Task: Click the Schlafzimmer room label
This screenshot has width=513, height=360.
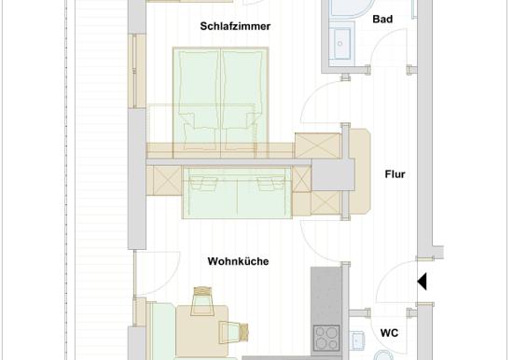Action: [235, 26]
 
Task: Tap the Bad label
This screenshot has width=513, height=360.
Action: [382, 19]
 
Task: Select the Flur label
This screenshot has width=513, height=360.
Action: [395, 174]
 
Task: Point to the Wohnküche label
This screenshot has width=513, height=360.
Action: [238, 261]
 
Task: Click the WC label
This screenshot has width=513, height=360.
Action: [389, 333]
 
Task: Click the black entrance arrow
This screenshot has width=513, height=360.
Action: [422, 281]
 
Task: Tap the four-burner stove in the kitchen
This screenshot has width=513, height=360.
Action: [326, 338]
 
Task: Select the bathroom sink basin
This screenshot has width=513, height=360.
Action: [340, 43]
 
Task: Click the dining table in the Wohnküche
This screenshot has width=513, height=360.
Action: [201, 331]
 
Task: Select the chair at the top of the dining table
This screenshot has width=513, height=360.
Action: [201, 300]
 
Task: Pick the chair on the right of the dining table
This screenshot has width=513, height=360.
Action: [233, 332]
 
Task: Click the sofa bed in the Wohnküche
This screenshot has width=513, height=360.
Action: [237, 192]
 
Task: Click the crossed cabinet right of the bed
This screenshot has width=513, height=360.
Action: [318, 145]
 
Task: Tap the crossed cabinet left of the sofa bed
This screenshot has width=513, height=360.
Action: [167, 181]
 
